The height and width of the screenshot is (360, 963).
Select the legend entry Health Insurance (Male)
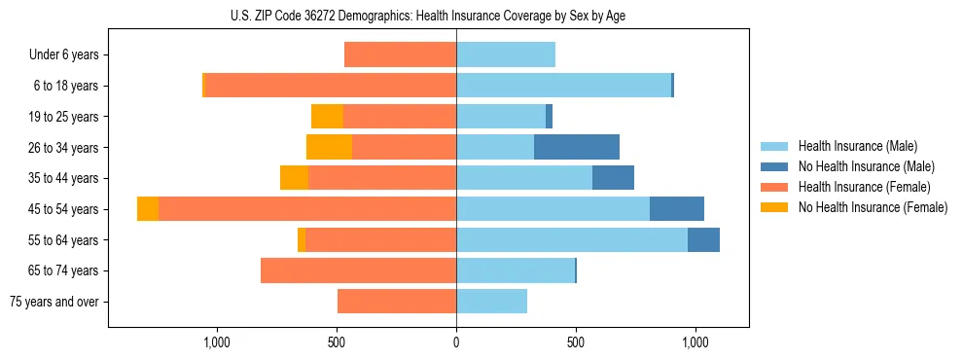857,146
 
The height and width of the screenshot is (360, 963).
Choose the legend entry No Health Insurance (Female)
873,207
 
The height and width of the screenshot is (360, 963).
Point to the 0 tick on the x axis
456,342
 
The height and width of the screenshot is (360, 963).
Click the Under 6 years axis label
63,55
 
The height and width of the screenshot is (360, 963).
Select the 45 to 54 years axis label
63,209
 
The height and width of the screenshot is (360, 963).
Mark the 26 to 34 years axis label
63,148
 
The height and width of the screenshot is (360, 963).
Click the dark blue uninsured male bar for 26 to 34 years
577,148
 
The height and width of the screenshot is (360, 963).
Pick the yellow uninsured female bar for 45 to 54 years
148,209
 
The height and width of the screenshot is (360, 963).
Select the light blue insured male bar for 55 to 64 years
572,239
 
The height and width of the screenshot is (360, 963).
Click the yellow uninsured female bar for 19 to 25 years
327,117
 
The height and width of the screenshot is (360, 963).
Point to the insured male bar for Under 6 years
506,55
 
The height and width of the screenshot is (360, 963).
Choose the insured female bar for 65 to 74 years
358,270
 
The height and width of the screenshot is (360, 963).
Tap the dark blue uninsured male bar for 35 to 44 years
613,178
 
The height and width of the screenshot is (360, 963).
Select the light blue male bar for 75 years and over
491,302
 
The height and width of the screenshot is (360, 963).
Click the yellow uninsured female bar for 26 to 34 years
329,148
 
